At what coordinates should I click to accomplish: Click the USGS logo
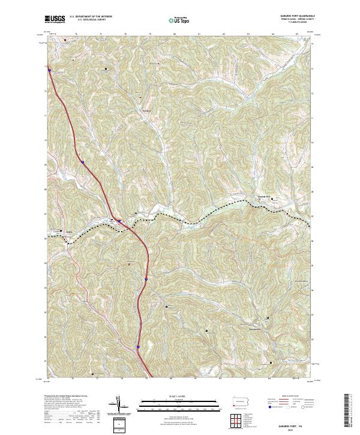(x=55, y=20)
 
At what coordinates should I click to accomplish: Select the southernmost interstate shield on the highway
(x=137, y=347)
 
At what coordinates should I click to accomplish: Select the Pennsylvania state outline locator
(x=241, y=401)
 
